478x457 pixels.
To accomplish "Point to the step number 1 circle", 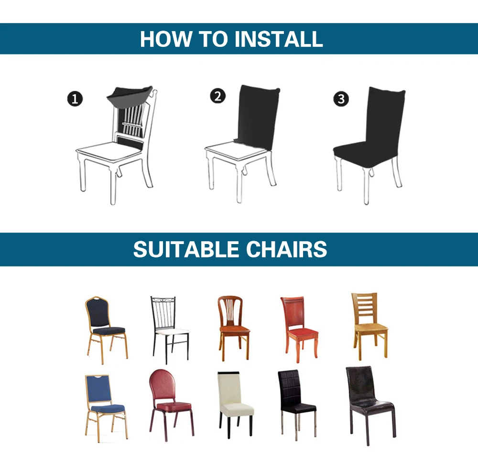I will [x=75, y=100].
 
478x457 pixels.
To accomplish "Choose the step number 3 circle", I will [x=341, y=99].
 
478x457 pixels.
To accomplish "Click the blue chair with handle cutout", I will [x=106, y=404].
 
